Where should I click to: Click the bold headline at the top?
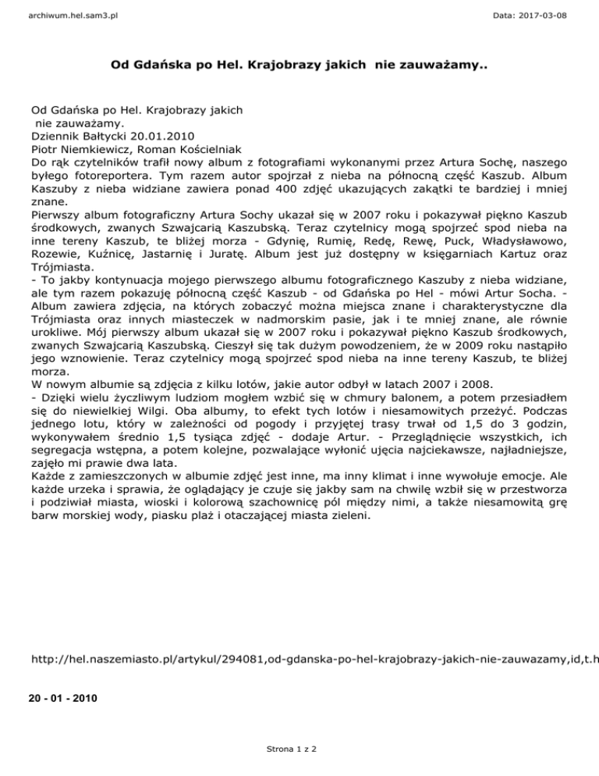click(x=299, y=66)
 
